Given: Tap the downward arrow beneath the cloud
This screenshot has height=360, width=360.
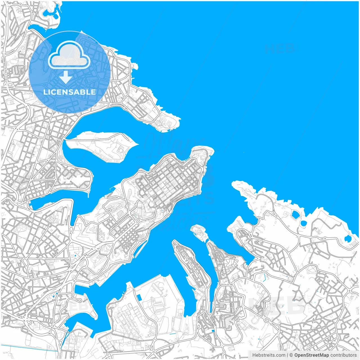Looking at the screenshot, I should [66, 77].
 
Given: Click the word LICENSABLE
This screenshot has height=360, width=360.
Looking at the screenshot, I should [69, 92].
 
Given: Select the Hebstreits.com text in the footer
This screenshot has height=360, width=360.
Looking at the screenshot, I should [269, 355].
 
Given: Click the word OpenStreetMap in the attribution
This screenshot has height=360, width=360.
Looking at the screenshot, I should [312, 355].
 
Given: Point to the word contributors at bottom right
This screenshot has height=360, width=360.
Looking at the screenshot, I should [343, 355].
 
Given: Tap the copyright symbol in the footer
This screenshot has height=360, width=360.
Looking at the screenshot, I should [291, 355].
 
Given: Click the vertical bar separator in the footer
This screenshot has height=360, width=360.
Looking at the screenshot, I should [287, 355].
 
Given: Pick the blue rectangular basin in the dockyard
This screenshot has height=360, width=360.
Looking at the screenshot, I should [139, 297].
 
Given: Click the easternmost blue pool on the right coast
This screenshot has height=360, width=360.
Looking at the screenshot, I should [348, 239].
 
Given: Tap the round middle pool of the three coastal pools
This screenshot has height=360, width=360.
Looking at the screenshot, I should [303, 224].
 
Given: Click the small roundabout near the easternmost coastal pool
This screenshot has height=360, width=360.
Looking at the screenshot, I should [325, 239].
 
